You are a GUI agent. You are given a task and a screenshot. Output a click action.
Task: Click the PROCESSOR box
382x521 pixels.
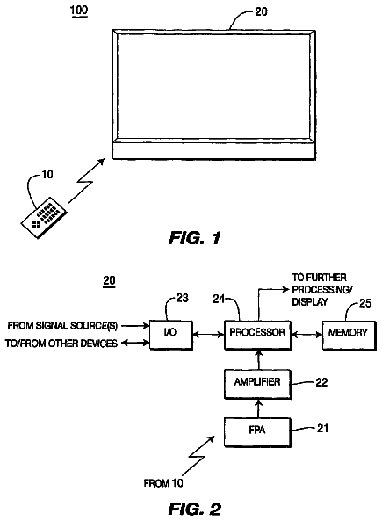(x=258, y=335)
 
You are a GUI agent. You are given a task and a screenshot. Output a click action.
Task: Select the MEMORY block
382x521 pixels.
(x=350, y=336)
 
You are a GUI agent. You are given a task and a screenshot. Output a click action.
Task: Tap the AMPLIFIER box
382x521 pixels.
(x=258, y=384)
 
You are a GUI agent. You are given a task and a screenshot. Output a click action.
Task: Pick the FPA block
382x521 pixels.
(x=258, y=432)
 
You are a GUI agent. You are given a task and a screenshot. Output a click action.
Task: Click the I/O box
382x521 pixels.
(x=171, y=335)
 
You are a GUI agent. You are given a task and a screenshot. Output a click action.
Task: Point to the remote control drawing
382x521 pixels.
(x=44, y=217)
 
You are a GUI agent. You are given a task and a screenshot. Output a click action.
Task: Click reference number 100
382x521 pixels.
(x=79, y=11)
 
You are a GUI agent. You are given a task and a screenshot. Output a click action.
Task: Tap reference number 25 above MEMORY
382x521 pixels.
(x=365, y=303)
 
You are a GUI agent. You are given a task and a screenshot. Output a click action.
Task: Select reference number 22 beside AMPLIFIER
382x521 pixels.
(x=321, y=382)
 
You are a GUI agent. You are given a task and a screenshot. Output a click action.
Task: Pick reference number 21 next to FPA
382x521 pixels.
(x=322, y=428)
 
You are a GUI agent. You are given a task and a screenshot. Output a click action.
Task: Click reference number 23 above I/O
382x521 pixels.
(x=182, y=298)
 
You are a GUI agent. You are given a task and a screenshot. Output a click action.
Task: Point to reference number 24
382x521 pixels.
(x=219, y=299)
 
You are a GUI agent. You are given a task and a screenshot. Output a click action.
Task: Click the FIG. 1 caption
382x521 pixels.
(x=195, y=238)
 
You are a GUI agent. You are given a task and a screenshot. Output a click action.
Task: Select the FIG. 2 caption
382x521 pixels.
(x=195, y=509)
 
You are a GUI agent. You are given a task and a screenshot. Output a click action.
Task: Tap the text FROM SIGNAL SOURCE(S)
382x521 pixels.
(x=62, y=326)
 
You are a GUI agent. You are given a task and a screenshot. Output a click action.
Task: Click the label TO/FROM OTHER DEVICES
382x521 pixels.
(x=61, y=343)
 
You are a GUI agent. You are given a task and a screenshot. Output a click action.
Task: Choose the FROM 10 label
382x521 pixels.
(x=163, y=483)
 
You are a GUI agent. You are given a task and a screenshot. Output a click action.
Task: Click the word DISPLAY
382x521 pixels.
(x=310, y=301)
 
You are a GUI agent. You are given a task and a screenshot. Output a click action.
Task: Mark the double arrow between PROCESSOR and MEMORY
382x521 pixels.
(x=307, y=335)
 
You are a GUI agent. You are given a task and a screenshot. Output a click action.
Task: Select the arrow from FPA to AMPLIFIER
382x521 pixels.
(x=259, y=409)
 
